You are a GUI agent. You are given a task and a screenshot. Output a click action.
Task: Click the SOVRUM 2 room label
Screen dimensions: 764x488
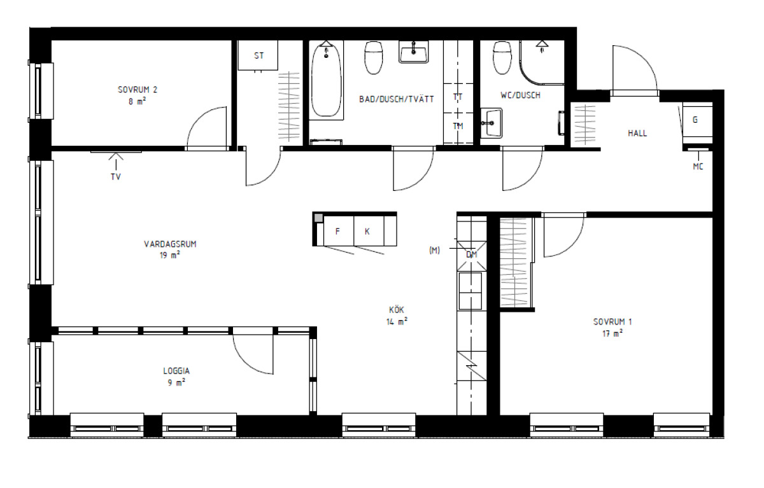(x=138, y=90)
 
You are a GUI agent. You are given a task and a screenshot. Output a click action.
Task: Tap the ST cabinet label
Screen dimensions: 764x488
(x=259, y=55)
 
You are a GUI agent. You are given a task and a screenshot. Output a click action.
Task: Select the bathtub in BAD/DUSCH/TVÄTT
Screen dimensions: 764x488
(x=326, y=80)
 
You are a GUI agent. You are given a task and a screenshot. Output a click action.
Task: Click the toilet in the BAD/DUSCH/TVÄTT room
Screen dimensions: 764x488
(x=374, y=58)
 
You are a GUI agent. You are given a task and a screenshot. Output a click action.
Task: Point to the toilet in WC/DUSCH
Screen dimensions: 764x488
(x=502, y=58)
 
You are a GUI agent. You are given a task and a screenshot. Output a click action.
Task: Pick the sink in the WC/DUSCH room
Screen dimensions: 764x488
(x=492, y=123)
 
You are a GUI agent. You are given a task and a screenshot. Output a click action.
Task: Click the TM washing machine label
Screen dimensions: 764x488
(x=458, y=126)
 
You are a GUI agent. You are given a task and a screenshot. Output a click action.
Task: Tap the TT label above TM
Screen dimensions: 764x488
(x=458, y=97)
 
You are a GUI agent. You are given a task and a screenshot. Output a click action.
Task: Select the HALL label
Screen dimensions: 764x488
(x=637, y=133)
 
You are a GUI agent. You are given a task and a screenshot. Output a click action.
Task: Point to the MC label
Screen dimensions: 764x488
(x=698, y=167)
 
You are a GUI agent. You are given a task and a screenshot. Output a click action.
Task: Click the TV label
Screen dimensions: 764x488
(x=116, y=177)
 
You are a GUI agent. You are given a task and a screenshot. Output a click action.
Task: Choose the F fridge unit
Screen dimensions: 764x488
(x=338, y=231)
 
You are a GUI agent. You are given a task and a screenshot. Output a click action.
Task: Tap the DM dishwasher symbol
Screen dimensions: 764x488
(x=472, y=255)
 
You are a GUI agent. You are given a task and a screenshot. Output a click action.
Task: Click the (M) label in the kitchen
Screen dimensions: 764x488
(x=434, y=251)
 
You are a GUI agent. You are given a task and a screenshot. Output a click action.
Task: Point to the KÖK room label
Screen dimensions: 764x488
(x=396, y=310)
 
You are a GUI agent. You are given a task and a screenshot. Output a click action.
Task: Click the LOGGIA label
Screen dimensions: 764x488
(x=176, y=371)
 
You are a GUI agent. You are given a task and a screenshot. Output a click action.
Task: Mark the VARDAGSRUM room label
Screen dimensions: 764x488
(x=170, y=244)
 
